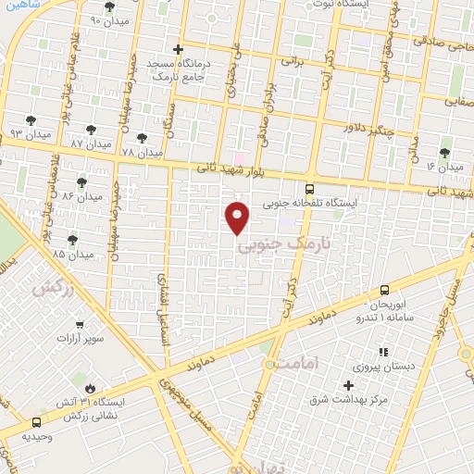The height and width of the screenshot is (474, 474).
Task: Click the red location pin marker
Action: (238, 217)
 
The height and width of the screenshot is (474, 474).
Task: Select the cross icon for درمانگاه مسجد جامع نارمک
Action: (179, 49)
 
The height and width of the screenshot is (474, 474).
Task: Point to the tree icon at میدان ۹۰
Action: (109, 6)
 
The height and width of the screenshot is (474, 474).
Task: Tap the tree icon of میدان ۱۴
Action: (445, 153)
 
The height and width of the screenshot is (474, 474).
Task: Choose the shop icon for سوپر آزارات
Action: (81, 324)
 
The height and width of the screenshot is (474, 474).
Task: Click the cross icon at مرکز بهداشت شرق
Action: (349, 385)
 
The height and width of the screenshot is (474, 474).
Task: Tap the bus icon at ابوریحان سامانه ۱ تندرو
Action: (384, 290)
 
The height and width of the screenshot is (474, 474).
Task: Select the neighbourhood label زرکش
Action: (52, 289)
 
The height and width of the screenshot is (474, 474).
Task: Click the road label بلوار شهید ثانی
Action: (234, 170)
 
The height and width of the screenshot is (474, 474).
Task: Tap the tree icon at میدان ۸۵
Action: (72, 239)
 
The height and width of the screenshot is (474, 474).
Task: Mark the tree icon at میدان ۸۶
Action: (81, 182)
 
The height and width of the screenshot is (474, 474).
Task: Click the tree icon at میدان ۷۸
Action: (142, 138)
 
